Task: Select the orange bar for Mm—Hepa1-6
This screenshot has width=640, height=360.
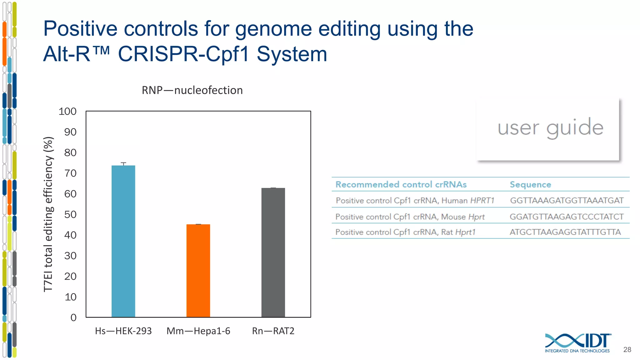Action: coord(198,271)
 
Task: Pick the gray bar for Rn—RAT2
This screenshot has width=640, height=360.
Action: coord(273,252)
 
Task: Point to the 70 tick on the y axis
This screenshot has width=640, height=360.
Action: coord(71,173)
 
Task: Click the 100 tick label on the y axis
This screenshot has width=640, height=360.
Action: coord(67,111)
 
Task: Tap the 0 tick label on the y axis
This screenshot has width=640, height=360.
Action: coord(73,317)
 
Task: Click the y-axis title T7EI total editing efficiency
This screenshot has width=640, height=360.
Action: coord(48,214)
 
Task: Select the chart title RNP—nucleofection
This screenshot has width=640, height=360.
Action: coord(192,90)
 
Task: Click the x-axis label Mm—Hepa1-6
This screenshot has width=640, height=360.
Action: coord(198,331)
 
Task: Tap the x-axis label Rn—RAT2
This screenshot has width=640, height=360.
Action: coord(273,331)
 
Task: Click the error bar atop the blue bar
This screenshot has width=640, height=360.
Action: coord(123,163)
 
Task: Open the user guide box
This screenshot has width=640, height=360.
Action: coord(547,129)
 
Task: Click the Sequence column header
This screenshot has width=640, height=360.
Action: coord(530,184)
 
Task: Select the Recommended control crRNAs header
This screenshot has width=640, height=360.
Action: coord(401,184)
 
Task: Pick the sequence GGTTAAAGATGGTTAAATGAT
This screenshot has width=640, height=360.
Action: coord(567,200)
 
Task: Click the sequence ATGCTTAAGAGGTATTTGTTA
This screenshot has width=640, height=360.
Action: coord(565,232)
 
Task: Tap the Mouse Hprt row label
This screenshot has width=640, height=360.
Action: coord(410,217)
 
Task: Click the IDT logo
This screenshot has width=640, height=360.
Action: coord(577,342)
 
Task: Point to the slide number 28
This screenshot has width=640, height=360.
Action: coord(627,350)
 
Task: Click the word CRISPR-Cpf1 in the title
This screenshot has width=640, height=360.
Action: coord(183,54)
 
